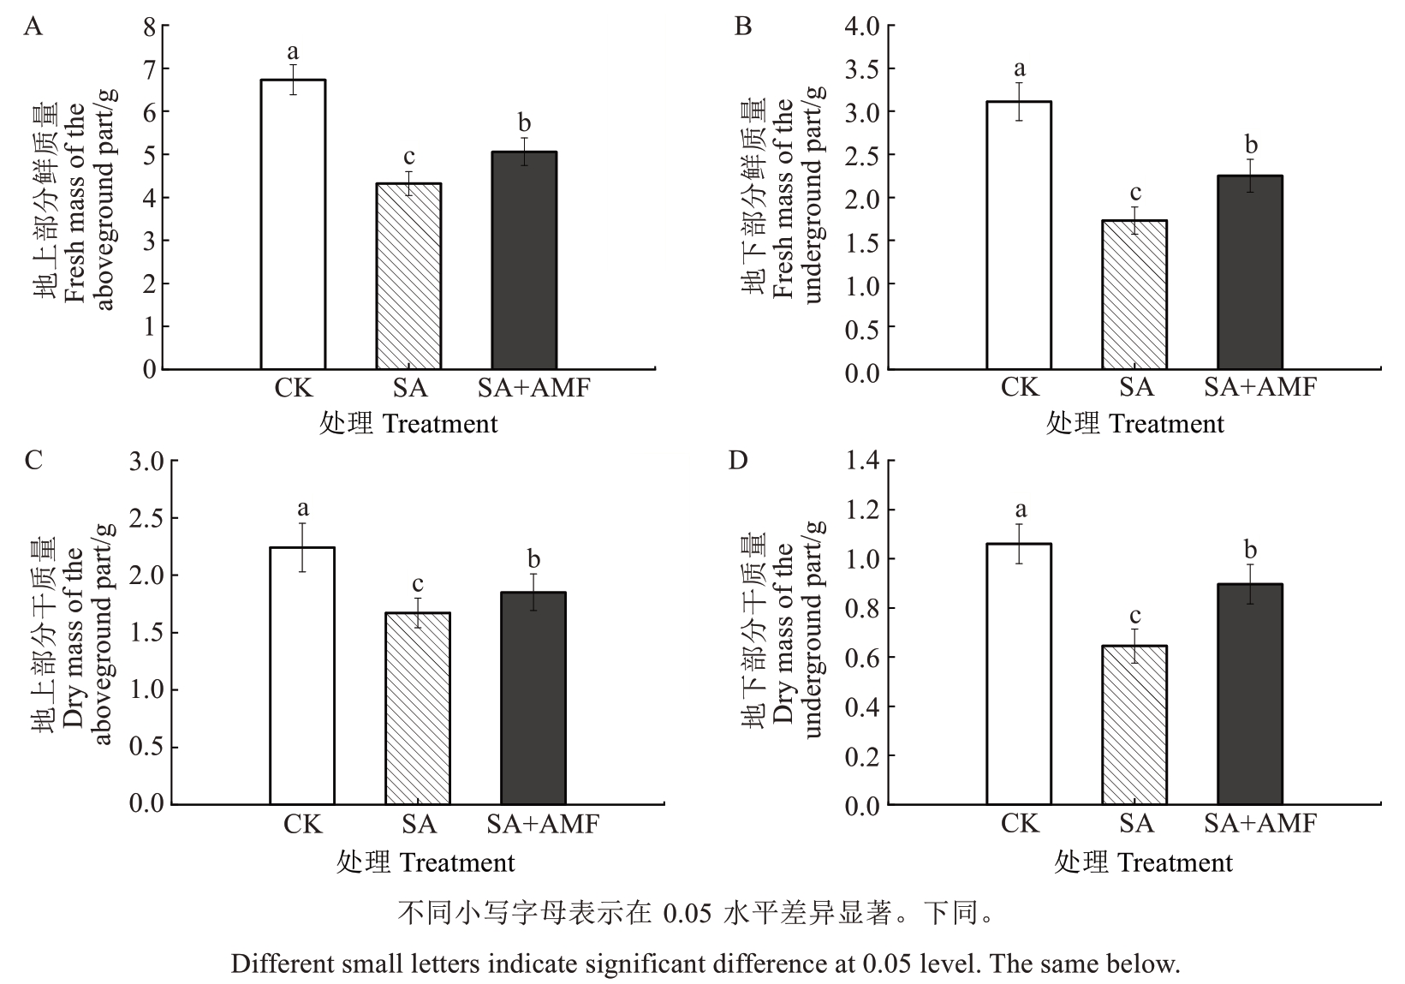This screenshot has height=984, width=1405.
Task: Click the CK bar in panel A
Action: tap(293, 224)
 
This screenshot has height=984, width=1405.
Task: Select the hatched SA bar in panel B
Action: tap(1134, 295)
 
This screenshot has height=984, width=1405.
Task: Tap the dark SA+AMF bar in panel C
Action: tap(533, 698)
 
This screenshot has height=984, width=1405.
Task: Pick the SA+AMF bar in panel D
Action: tap(1249, 695)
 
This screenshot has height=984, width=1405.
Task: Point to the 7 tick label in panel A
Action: tap(150, 69)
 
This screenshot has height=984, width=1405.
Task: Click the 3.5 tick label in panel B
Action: tap(862, 69)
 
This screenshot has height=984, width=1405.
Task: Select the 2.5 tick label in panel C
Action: tap(146, 518)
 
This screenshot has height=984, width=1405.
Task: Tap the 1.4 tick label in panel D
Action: tap(862, 461)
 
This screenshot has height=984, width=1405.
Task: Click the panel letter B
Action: tap(743, 27)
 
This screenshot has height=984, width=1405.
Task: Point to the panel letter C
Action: tap(33, 461)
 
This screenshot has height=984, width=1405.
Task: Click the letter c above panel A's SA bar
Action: tap(409, 157)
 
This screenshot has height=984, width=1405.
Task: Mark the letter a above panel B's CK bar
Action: tap(1019, 68)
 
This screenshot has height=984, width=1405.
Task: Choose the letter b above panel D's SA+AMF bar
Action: tap(1250, 549)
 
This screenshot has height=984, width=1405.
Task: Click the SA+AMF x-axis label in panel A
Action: tap(533, 388)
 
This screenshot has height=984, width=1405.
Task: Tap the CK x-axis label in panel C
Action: tap(302, 824)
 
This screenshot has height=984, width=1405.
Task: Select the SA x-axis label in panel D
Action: tap(1136, 824)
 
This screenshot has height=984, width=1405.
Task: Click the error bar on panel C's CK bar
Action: tap(302, 547)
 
